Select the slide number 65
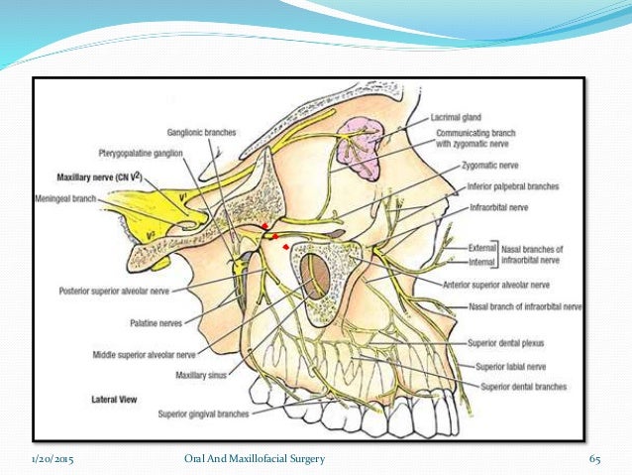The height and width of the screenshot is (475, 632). [595, 459]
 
